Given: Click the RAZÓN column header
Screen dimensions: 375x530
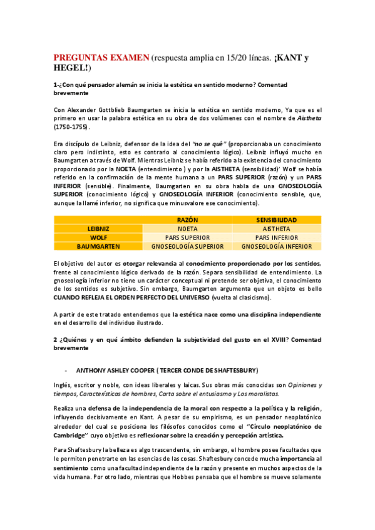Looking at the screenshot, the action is [187, 220].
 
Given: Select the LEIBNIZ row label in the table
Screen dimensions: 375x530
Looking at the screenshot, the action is [98, 229].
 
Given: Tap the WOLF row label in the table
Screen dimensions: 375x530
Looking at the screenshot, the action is [98, 237].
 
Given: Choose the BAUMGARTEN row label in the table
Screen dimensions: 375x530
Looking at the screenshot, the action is [98, 246].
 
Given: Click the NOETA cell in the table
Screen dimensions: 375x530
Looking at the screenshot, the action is [187, 229].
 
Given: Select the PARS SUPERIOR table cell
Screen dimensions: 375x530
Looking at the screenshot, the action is [187, 237].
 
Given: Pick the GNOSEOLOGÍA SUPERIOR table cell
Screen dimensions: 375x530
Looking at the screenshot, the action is [187, 246].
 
